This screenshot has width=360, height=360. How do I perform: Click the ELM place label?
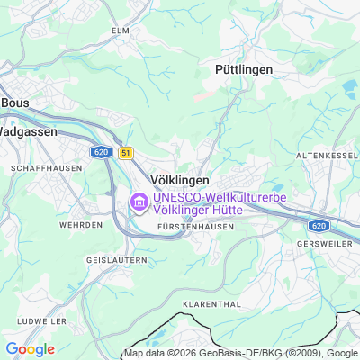coord(121,30)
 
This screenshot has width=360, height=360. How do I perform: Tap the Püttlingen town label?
coord(243,68)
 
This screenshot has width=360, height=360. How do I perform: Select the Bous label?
coord(15,103)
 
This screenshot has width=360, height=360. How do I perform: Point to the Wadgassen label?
coord(27,130)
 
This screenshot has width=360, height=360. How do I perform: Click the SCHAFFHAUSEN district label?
coord(40,168)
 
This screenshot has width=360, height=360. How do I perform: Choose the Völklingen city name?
coord(179,180)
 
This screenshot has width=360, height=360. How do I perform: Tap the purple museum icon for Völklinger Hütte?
coord(139,203)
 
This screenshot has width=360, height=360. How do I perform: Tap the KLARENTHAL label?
coord(211,304)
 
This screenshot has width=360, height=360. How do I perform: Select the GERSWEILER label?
coord(328,243)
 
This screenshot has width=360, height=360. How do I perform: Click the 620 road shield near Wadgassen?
coord(100,152)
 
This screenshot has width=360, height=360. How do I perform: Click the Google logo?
coord(30,349)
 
